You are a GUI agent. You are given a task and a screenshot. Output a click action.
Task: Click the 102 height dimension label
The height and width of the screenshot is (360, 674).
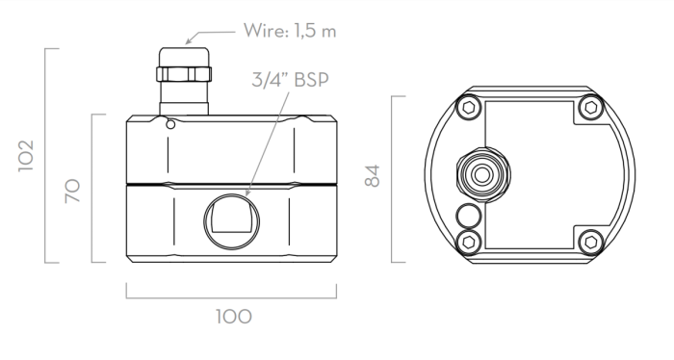click(26, 156)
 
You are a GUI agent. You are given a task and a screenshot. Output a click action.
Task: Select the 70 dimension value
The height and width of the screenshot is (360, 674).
click(72, 191)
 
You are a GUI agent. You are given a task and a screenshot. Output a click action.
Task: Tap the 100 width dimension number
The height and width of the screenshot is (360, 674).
click(233, 317)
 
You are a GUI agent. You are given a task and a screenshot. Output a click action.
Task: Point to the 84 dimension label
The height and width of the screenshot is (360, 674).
click(373, 176)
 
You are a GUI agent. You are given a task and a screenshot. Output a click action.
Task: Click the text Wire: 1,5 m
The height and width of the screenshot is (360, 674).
click(289, 31)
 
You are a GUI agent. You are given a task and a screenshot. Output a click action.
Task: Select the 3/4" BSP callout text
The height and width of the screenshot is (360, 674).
click(290, 80)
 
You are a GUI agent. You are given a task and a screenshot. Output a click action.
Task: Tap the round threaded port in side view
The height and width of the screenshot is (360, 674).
click(232, 221)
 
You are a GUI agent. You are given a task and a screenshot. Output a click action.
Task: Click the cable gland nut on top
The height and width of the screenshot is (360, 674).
click(184, 74)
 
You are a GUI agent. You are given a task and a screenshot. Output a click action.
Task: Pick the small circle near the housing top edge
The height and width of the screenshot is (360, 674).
click(170, 124)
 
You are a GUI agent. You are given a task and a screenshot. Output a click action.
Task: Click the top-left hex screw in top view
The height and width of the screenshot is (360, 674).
click(469, 108)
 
